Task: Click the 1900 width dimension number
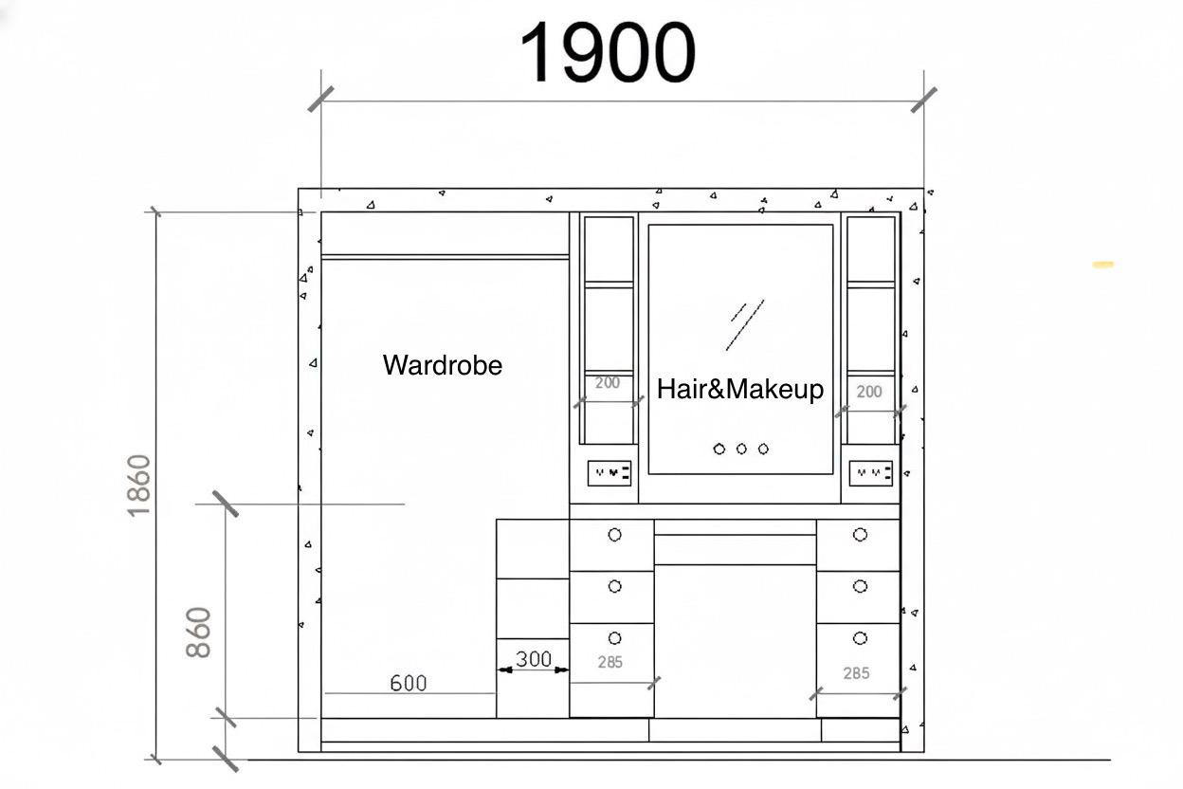608,52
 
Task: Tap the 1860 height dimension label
139,486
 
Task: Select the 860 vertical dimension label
198,632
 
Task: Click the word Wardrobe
443,365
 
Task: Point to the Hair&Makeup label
740,390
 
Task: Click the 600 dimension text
409,684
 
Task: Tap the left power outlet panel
610,473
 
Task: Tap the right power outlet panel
871,473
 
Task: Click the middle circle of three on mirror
741,450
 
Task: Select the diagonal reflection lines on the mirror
745,325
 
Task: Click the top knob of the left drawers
615,535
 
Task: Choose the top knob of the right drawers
860,535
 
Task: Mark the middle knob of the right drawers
860,586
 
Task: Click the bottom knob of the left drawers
615,638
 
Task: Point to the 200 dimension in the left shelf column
608,382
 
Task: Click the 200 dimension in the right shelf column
869,392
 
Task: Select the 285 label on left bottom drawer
610,662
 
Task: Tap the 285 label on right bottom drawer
856,673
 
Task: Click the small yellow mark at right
1103,265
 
